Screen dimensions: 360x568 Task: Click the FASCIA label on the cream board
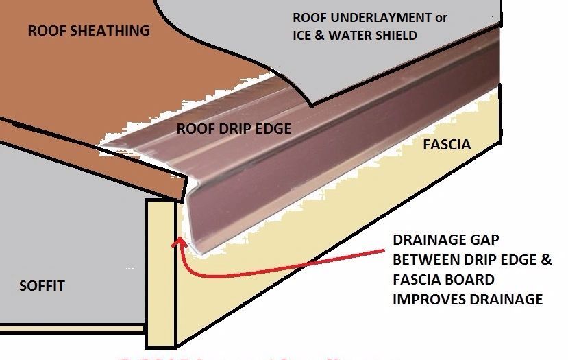pos(446,145)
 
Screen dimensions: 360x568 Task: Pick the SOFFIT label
pos(42,285)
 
